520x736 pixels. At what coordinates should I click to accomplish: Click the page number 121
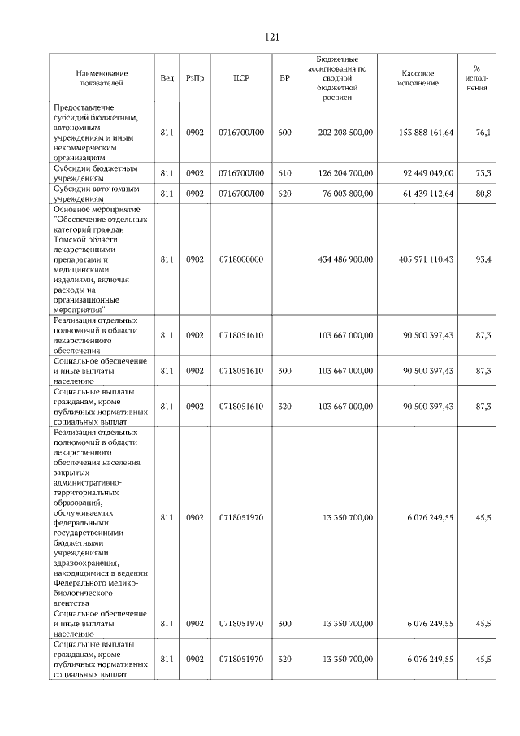(272, 37)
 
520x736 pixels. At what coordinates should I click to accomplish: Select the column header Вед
(167, 78)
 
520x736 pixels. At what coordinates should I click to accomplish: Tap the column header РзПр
(195, 78)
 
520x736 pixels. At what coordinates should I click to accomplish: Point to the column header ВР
(284, 78)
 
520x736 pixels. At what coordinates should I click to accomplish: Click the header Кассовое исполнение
(419, 78)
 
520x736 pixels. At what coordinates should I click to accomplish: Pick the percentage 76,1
(483, 132)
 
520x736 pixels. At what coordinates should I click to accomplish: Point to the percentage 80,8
(483, 194)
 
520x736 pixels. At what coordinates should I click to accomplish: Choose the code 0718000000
(241, 259)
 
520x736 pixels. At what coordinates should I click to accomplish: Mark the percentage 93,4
(483, 259)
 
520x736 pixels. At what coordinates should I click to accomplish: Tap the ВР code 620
(284, 194)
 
